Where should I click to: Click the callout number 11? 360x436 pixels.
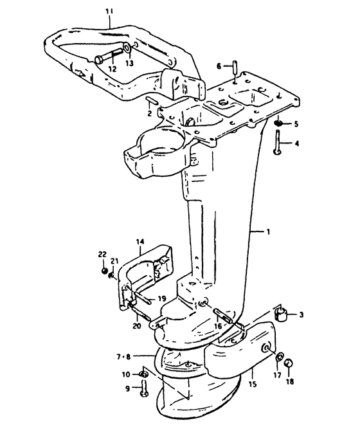(x=109, y=12)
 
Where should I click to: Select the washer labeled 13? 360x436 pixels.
(x=127, y=48)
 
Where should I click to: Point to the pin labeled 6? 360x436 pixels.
(x=235, y=66)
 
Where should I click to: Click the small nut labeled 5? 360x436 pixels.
(x=278, y=123)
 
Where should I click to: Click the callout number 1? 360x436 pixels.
(x=268, y=232)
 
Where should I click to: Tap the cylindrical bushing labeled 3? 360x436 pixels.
(x=281, y=314)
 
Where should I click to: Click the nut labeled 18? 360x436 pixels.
(x=289, y=363)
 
